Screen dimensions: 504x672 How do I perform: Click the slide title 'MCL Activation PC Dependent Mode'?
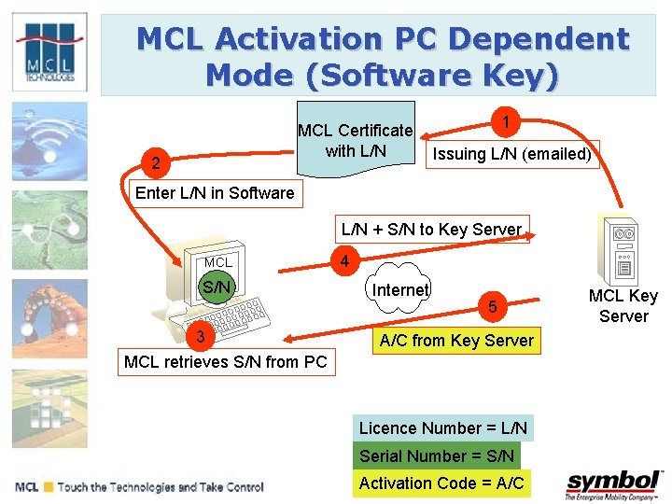point(383,56)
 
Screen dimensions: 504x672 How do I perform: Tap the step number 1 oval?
point(505,122)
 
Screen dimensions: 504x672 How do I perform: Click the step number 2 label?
point(156,164)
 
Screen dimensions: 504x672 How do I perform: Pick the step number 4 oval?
point(344,261)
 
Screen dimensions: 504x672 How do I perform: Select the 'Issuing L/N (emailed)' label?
point(511,154)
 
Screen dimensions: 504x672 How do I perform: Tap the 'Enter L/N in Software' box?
point(215,193)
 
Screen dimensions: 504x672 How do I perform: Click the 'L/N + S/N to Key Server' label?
point(431,229)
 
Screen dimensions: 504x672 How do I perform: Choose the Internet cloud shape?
point(400,290)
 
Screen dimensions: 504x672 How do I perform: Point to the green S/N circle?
point(217,287)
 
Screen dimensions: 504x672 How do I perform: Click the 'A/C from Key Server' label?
point(456,341)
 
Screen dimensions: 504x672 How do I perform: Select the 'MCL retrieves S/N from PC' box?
point(225,362)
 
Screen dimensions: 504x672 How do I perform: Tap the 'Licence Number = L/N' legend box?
point(443,428)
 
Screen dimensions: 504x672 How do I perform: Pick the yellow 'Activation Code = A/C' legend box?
point(441,483)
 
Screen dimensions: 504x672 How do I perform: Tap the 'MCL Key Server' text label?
point(623,306)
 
